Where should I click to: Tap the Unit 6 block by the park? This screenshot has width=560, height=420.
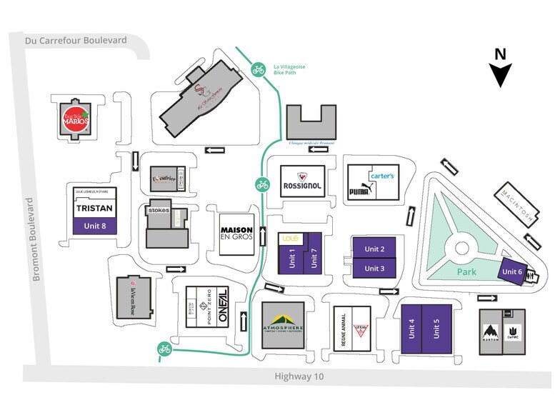tap(513, 272)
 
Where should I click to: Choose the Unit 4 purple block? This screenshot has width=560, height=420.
tap(411, 329)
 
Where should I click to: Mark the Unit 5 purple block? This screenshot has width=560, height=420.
tap(436, 329)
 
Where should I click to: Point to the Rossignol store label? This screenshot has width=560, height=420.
tap(303, 179)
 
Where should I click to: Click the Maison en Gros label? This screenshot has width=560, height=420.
tap(236, 228)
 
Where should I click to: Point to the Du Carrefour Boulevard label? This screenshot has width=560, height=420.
tap(75, 41)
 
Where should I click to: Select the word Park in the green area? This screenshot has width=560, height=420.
tap(467, 272)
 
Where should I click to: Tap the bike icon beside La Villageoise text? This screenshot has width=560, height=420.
tap(258, 69)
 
